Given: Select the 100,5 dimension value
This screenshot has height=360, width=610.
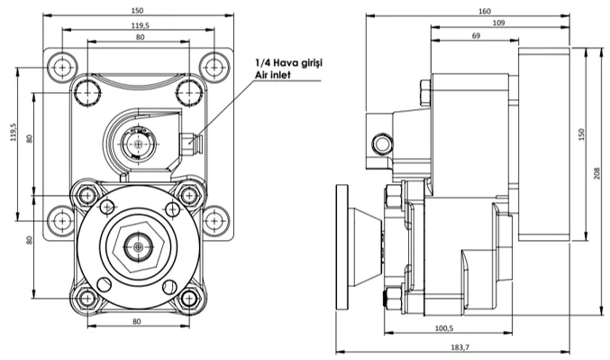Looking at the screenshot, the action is coord(444,328).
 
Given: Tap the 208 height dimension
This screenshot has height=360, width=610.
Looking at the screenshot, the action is coord(597,173).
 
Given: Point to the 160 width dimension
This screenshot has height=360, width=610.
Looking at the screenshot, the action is coord(485,12).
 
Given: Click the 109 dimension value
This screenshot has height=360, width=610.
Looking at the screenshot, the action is coord(498,23).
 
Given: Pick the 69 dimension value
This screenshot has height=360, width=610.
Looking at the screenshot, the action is coord(476,36).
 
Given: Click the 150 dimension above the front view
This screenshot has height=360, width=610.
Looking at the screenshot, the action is coord(137,11).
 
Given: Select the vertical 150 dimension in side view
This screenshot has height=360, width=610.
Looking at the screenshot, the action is coord(581,134).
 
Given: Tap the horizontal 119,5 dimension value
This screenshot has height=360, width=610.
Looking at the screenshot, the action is coord(141,25).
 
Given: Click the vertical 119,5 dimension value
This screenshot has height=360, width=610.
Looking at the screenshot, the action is coord(14,132).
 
